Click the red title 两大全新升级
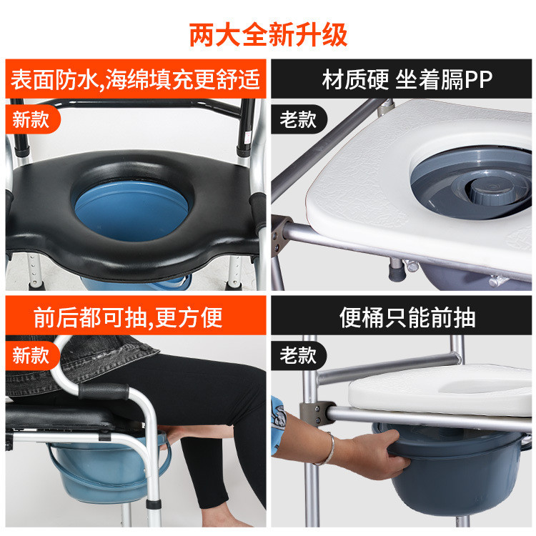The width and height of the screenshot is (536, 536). pyautogui.click(x=268, y=34)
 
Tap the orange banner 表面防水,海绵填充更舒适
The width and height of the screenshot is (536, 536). pyautogui.click(x=136, y=79)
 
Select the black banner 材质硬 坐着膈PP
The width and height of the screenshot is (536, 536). pyautogui.click(x=402, y=79)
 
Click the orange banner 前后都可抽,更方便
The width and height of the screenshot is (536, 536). pyautogui.click(x=136, y=315)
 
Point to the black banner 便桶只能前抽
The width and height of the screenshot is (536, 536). pyautogui.click(x=402, y=315)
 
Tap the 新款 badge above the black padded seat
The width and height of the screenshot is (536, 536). pyautogui.click(x=31, y=119)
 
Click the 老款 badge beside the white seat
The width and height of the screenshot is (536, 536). pyautogui.click(x=299, y=119)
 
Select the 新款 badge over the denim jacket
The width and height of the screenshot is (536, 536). pyautogui.click(x=31, y=355)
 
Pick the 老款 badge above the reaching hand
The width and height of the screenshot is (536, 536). pyautogui.click(x=299, y=355)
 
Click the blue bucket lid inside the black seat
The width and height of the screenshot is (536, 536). pyautogui.click(x=131, y=210)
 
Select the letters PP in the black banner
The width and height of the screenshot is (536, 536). pyautogui.click(x=478, y=79)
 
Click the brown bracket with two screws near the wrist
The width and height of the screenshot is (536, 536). pyautogui.click(x=316, y=413)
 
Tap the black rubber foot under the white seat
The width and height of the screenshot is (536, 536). pyautogui.click(x=397, y=271)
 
